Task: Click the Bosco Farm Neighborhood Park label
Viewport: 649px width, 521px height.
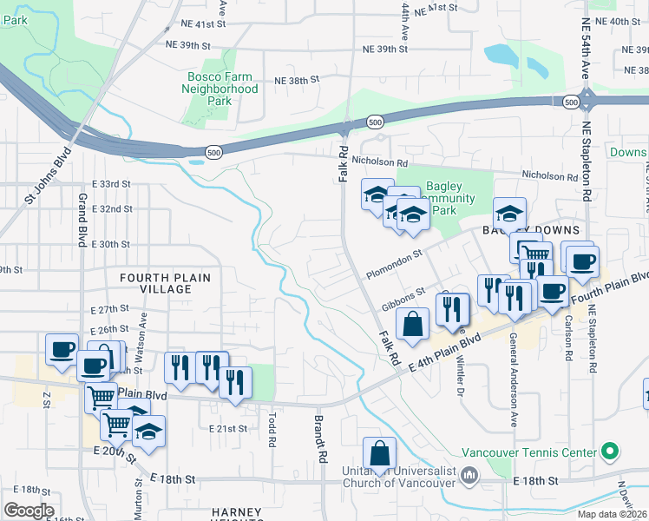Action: pos(223,89)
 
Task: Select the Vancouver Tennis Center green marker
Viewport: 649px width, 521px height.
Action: pos(610,452)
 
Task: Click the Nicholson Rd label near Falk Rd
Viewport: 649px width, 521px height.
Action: pos(379,162)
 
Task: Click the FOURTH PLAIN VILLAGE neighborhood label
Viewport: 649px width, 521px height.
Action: pos(165,282)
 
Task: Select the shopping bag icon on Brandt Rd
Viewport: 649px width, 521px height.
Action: pos(379,454)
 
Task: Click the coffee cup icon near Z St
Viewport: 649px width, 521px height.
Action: pos(61,350)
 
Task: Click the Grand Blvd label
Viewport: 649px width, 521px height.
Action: pos(82,220)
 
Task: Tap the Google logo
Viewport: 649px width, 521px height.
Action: pos(29,511)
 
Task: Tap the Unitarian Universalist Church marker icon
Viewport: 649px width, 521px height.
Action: pos(469,475)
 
